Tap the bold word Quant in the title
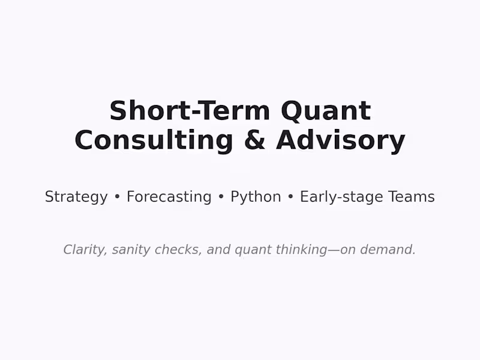click(x=326, y=112)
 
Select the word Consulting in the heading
click(x=154, y=140)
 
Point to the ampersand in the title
click(x=254, y=140)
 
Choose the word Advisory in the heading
click(x=341, y=140)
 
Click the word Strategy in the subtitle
click(x=76, y=197)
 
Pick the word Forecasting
click(x=169, y=197)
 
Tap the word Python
click(x=256, y=197)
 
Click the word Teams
click(x=412, y=197)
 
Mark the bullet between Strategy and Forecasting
click(x=118, y=197)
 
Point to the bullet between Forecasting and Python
click(x=221, y=197)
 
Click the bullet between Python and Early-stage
click(x=290, y=197)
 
